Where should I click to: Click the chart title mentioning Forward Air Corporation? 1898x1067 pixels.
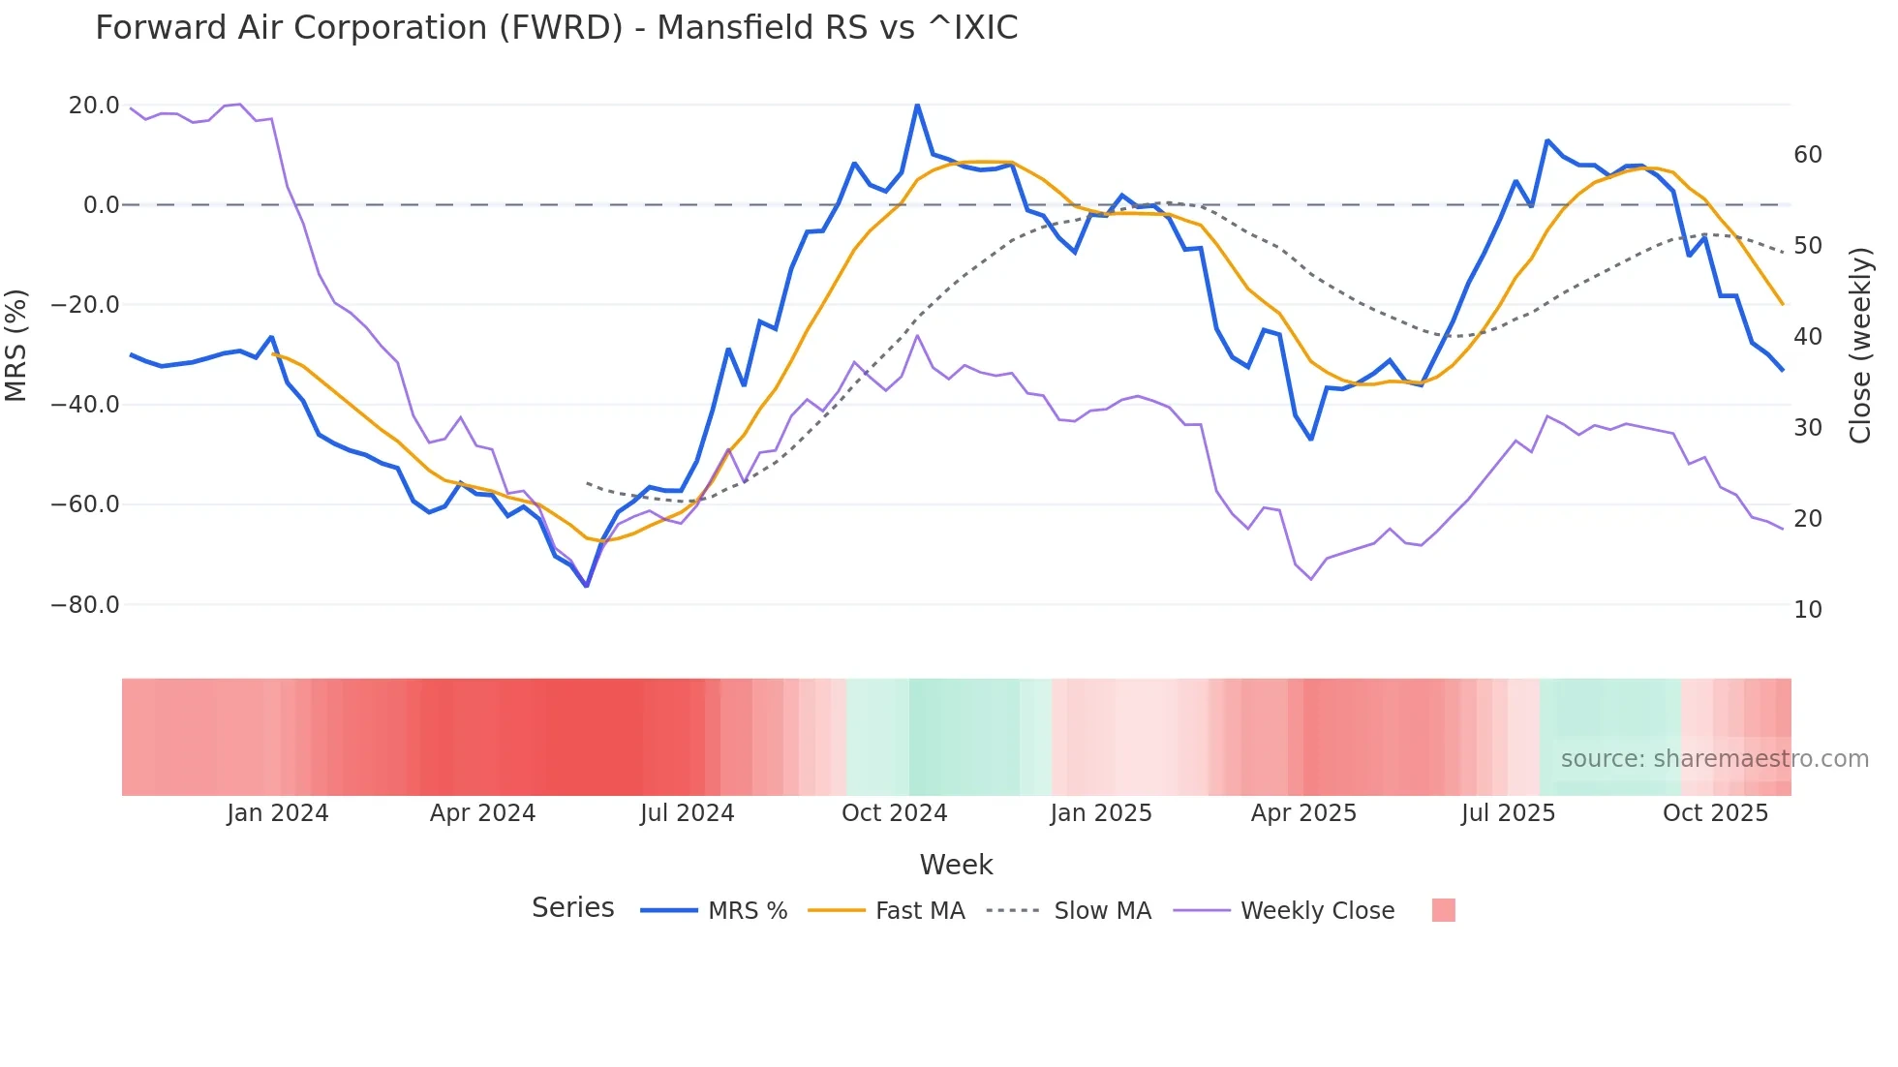click(556, 28)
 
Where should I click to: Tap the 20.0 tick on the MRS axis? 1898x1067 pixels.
click(94, 105)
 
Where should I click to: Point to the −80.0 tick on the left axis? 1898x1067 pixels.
click(85, 605)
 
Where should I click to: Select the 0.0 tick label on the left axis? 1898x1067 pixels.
click(101, 205)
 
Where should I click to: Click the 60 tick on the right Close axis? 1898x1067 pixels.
click(1808, 155)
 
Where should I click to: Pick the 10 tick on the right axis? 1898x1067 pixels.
click(1808, 610)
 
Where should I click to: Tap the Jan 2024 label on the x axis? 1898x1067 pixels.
click(278, 813)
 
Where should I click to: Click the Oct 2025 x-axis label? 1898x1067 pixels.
click(1715, 813)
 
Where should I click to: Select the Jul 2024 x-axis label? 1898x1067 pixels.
click(688, 813)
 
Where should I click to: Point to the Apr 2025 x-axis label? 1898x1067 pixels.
click(1303, 813)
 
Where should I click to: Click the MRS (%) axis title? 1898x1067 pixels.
click(16, 345)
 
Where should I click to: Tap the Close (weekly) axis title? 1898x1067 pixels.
click(1860, 345)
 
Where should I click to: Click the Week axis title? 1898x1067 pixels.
click(956, 865)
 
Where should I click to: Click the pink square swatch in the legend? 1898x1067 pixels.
click(1443, 910)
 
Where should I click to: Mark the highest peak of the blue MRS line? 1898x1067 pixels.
click(917, 105)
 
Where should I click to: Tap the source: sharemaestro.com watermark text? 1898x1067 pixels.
click(1714, 759)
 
